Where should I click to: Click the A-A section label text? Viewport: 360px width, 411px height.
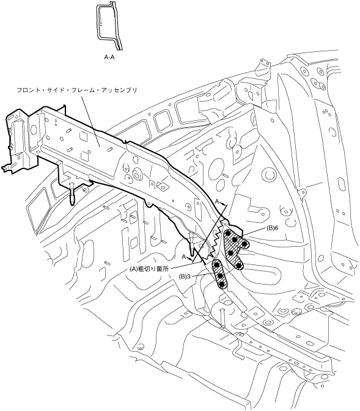pos(109,57)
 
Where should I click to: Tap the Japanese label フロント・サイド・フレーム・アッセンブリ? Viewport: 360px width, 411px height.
pos(77,90)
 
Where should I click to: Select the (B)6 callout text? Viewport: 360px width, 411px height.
pos(272,228)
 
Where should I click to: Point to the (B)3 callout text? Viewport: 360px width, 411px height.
pos(185,276)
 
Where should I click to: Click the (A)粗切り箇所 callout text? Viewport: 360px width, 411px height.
pos(149,269)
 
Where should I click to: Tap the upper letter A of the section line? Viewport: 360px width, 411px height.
pos(217,202)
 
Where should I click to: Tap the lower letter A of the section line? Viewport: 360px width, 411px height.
pos(184,256)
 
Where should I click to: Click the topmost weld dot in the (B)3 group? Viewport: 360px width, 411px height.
pos(217,265)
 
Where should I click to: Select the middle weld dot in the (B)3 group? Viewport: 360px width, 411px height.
pos(220,275)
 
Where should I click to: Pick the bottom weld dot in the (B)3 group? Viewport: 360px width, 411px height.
pos(221,284)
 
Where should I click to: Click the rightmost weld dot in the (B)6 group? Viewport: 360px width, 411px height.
pos(244,244)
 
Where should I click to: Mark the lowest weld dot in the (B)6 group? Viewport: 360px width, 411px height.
pos(239,266)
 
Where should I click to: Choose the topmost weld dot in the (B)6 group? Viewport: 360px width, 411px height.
pos(228,233)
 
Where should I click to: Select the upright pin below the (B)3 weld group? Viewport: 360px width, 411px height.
pos(222,318)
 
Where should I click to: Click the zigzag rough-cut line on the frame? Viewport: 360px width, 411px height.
pos(213,244)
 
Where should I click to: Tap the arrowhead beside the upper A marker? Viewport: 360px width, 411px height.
pos(222,203)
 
